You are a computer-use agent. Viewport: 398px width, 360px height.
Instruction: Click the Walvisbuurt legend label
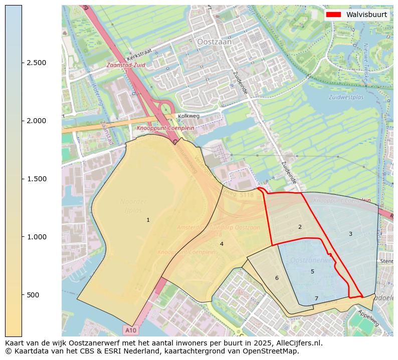366,15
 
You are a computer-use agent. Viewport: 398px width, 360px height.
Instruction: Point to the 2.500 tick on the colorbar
37,63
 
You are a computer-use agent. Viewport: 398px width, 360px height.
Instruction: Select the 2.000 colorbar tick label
37,121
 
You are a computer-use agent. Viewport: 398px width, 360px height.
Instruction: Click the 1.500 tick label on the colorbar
37,179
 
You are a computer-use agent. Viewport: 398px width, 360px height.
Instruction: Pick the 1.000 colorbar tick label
37,237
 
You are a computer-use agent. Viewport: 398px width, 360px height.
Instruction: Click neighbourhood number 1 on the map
148,220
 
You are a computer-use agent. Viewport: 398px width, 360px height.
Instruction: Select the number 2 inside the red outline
300,227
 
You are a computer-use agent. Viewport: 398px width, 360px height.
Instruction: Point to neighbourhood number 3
350,234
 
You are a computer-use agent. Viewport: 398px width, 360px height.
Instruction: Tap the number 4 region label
222,244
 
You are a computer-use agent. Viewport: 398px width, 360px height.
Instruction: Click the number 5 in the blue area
312,271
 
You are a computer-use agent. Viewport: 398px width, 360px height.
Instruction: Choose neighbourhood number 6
276,278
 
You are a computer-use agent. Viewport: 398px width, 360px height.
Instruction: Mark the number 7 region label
316,298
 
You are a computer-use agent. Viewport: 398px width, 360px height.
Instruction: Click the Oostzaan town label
215,43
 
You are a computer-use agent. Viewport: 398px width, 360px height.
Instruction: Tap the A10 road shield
131,330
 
